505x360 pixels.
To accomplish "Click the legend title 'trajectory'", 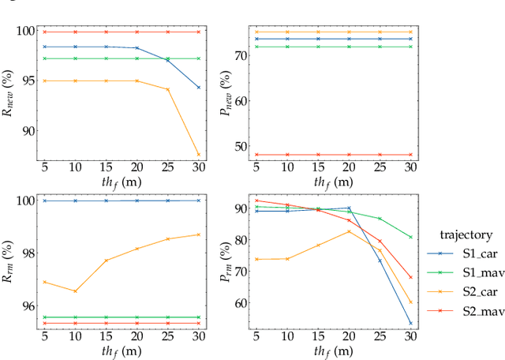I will [466, 234].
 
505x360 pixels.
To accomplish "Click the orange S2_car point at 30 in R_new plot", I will [199, 155].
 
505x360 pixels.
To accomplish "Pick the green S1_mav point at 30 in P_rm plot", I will [410, 237].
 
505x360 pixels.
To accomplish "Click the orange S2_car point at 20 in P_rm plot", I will [349, 231].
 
